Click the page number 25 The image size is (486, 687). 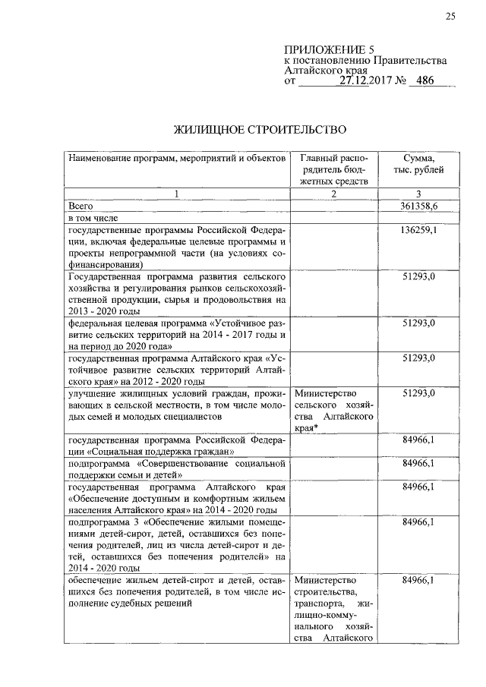coord(450,17)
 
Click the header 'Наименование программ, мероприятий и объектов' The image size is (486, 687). coord(177,158)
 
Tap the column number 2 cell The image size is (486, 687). coord(333,194)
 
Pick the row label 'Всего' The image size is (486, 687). coord(80,206)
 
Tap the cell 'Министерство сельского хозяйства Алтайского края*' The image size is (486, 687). coord(333,411)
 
